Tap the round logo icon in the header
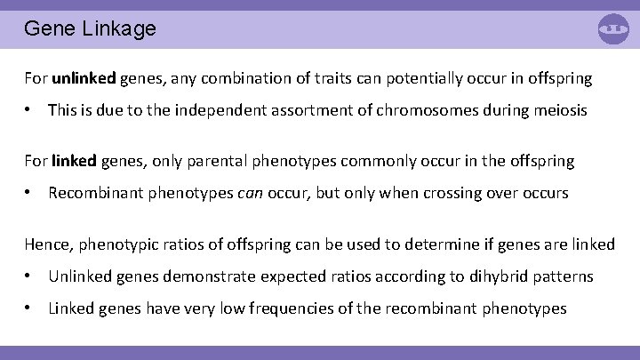[x=613, y=28]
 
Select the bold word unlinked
[x=84, y=78]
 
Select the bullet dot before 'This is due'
[x=29, y=110]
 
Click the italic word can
[x=250, y=193]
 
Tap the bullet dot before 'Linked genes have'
[x=29, y=308]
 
